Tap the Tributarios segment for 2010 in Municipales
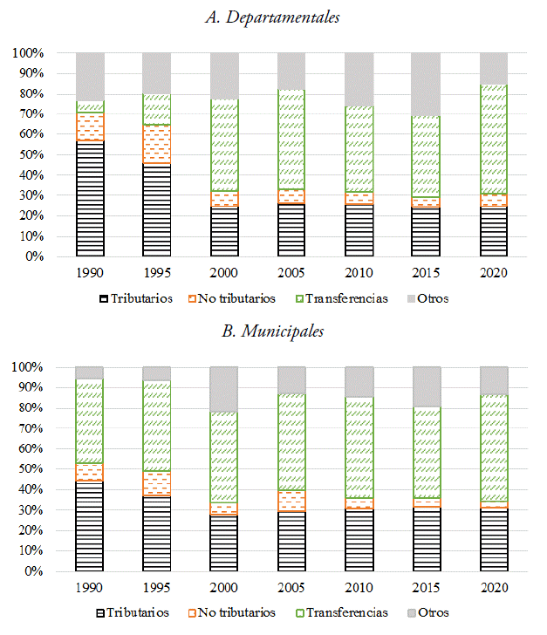pos(359,540)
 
